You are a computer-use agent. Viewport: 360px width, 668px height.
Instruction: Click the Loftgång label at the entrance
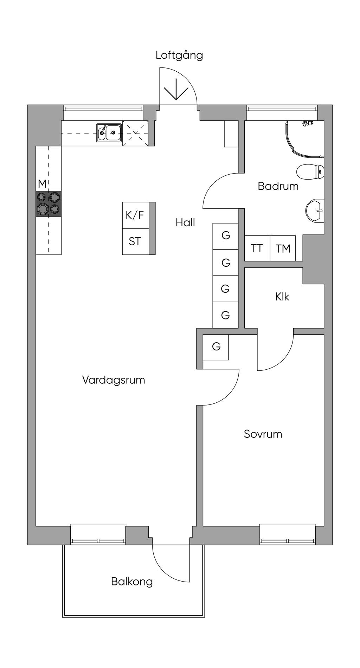click(x=179, y=56)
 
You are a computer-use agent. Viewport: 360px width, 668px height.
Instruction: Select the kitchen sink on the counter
click(x=109, y=132)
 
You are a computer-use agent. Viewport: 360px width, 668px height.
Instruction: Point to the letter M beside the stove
click(x=42, y=184)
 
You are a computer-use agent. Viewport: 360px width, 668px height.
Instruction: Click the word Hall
click(x=185, y=222)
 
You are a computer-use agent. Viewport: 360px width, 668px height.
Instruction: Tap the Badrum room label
click(x=278, y=186)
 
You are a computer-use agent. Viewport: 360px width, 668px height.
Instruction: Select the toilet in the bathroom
click(x=310, y=172)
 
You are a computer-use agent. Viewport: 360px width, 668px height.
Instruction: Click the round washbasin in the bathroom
click(x=315, y=211)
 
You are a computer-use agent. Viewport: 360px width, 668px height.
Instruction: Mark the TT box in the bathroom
click(x=257, y=248)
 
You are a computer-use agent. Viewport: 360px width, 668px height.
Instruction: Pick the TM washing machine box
click(x=283, y=248)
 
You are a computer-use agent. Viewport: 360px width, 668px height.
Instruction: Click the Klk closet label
click(x=282, y=297)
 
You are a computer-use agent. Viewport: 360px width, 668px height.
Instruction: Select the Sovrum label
click(x=263, y=434)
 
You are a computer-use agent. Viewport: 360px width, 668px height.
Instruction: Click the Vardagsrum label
click(x=114, y=380)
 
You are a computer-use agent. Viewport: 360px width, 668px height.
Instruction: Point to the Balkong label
click(x=132, y=582)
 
